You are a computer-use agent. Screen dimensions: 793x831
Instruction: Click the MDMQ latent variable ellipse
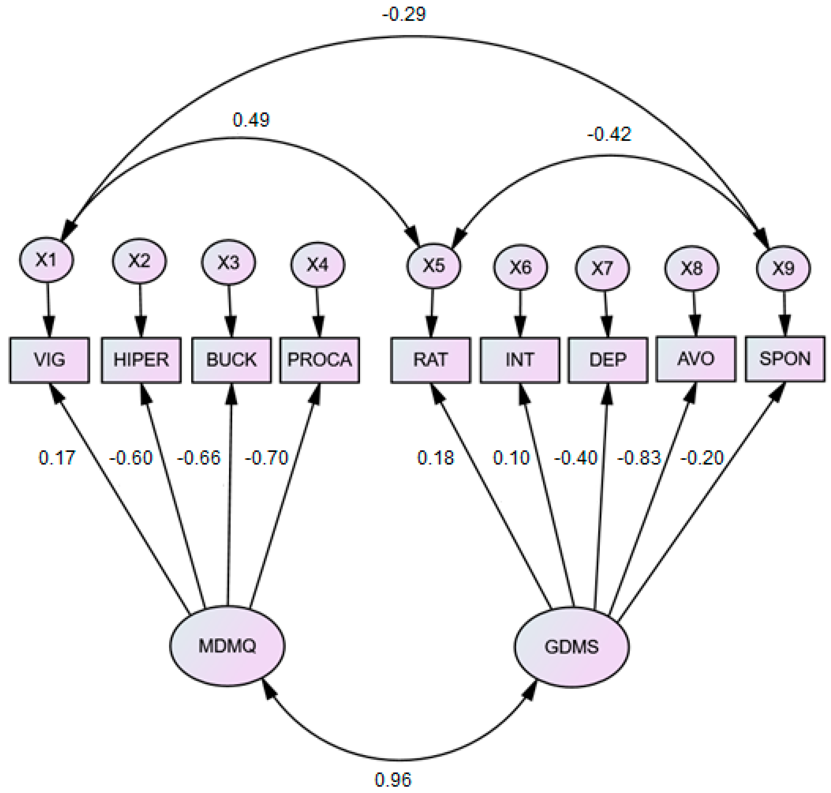pyautogui.click(x=227, y=646)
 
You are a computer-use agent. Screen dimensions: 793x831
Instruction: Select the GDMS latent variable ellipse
pyautogui.click(x=572, y=647)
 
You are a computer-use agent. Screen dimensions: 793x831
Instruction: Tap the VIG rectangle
pyautogui.click(x=50, y=360)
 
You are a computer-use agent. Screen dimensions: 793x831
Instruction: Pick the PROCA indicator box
pyautogui.click(x=319, y=360)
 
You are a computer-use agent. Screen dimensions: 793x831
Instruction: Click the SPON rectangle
pyautogui.click(x=784, y=359)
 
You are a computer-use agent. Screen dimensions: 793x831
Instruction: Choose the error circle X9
pyautogui.click(x=783, y=268)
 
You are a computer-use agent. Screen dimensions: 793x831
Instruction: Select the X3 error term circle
pyautogui.click(x=228, y=262)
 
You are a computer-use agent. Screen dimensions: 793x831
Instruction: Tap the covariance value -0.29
pyautogui.click(x=404, y=14)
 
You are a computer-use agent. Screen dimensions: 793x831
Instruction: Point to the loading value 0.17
pyautogui.click(x=57, y=458)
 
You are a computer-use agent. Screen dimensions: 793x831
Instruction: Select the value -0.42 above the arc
pyautogui.click(x=609, y=134)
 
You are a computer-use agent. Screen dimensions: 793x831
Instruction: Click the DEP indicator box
pyautogui.click(x=607, y=360)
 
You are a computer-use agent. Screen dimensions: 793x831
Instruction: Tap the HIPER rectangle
pyautogui.click(x=141, y=360)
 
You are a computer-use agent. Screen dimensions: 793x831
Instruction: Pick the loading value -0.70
pyautogui.click(x=266, y=458)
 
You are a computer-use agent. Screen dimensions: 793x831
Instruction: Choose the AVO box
pyautogui.click(x=695, y=359)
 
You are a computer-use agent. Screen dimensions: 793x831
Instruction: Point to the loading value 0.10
pyautogui.click(x=511, y=458)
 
